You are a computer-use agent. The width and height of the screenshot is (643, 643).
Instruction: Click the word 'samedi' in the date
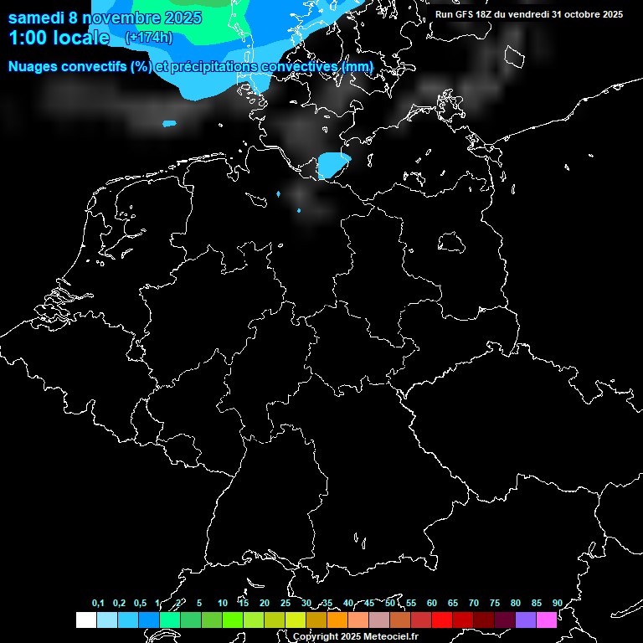click(x=38, y=17)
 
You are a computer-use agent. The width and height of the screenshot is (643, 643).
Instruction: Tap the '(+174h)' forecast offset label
click(x=148, y=38)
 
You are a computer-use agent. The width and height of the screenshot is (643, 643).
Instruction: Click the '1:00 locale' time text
click(x=59, y=38)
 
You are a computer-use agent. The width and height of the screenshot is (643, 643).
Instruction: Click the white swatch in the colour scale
click(x=85, y=620)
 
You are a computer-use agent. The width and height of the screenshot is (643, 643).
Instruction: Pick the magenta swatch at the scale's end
click(x=547, y=620)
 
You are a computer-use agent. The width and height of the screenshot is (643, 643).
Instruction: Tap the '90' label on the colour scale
click(x=557, y=603)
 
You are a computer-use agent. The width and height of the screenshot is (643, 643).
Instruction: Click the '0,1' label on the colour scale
click(x=98, y=603)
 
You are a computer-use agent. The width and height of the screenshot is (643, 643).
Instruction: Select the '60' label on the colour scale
click(x=431, y=603)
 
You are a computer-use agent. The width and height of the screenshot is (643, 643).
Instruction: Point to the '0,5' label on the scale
click(x=140, y=603)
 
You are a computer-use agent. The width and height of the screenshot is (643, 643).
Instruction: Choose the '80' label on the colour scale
click(x=515, y=603)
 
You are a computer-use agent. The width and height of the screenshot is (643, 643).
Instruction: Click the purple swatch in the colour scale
click(x=526, y=620)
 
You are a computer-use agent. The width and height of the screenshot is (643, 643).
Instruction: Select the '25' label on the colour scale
click(x=285, y=603)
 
